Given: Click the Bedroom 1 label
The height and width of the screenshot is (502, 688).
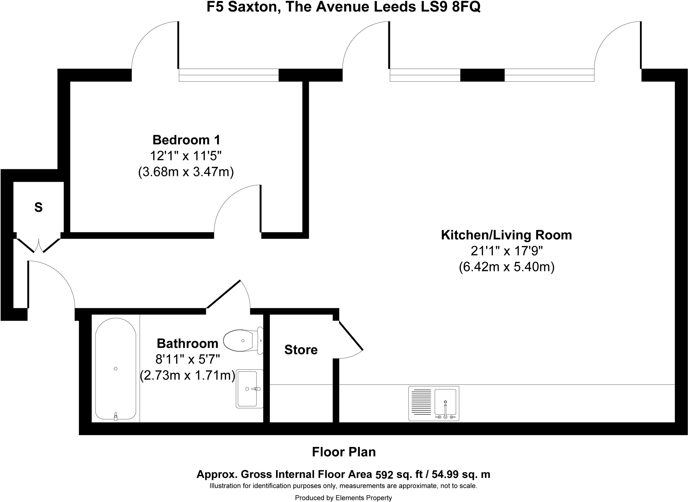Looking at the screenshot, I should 186,140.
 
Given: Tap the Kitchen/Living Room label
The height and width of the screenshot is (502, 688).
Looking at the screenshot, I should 506,235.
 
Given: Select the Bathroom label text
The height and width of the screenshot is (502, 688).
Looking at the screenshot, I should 187,344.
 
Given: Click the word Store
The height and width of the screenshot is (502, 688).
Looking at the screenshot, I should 301,350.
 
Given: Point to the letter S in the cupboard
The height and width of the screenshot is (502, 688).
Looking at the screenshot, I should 38,208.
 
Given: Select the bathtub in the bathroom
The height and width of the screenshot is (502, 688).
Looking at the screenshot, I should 116,369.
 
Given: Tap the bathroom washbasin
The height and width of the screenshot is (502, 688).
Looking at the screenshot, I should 249,389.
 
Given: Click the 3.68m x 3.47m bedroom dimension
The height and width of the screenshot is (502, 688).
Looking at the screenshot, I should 186,172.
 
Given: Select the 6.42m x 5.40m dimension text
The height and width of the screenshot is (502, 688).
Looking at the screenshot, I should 506,267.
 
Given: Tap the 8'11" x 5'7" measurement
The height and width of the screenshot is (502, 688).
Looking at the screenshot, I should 187,359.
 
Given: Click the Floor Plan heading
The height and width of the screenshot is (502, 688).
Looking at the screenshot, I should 344,452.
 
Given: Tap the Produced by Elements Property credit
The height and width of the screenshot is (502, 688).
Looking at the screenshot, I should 343,498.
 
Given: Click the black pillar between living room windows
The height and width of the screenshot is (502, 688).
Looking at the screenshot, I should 482,75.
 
